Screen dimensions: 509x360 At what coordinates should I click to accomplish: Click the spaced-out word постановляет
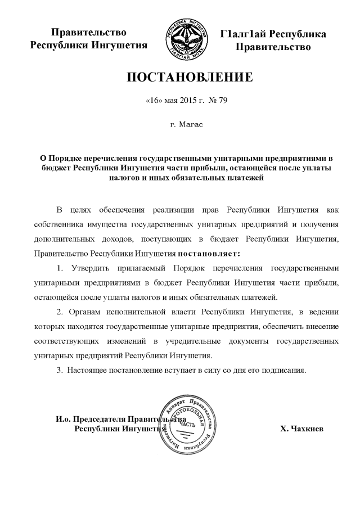[209, 253]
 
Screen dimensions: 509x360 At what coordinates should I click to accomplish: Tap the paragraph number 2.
[60, 312]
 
